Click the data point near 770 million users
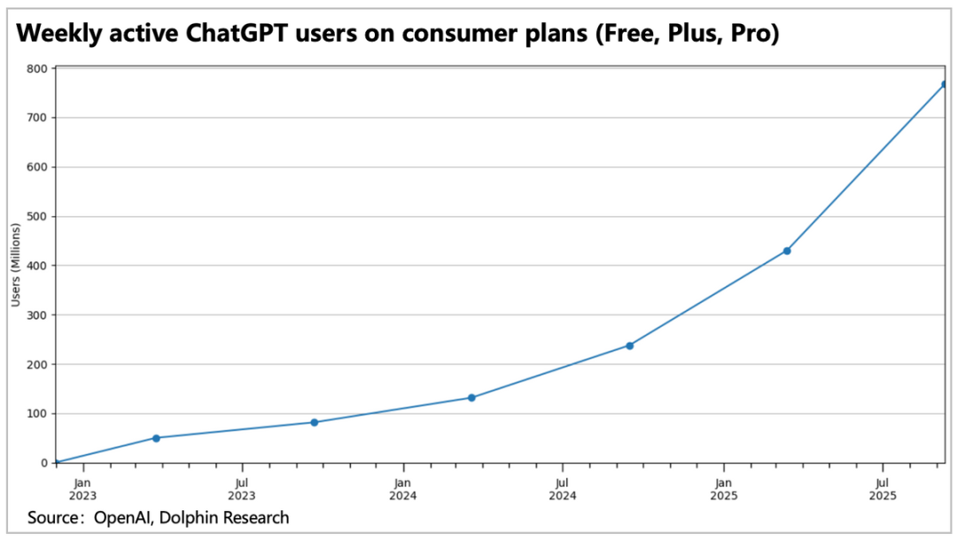(945, 84)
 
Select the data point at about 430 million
(787, 251)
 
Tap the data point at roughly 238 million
(629, 345)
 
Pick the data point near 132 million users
(471, 398)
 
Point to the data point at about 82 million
(314, 422)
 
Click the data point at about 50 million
(156, 437)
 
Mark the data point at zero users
(55, 462)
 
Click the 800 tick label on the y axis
(38, 68)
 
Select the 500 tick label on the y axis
(38, 216)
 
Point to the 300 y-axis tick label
(38, 314)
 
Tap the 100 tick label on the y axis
(38, 414)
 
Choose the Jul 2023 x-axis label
(242, 489)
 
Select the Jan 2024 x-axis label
(403, 489)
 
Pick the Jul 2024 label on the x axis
(563, 489)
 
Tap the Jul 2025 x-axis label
(883, 489)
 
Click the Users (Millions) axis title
(15, 266)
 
